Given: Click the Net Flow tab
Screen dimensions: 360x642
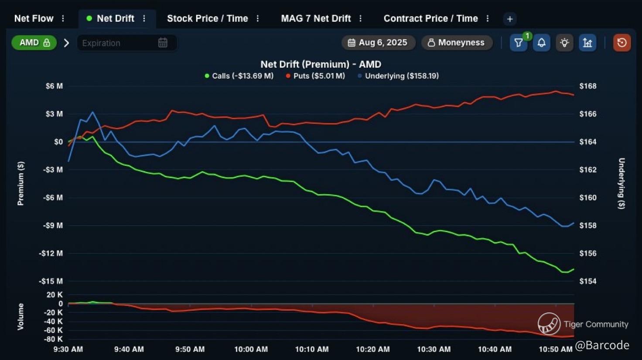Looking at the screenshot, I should pos(34,18).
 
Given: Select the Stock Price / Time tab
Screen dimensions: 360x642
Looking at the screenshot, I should pos(207,18).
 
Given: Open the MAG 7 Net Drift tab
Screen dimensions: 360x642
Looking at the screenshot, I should pos(316,18).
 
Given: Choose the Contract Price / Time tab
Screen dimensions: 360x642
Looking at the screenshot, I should pos(430,18).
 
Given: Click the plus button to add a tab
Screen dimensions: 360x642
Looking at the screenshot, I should pos(509,19).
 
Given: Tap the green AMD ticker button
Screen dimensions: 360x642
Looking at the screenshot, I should pos(34,43).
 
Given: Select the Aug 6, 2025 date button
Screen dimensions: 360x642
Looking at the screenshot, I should pos(378,43).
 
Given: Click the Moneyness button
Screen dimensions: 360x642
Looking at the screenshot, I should pos(456,43).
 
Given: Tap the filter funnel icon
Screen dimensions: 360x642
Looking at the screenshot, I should pos(518,43).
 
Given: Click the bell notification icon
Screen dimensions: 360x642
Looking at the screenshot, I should pos(541,43).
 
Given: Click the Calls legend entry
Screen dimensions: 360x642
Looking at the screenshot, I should pos(239,76).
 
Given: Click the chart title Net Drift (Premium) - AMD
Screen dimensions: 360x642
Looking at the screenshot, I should pos(321,64).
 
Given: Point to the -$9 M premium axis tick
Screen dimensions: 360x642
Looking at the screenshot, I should pos(53,226).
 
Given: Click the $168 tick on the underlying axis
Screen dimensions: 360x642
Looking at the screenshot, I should pos(587,86).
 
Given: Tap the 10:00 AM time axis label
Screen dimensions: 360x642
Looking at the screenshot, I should pos(251,349).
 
